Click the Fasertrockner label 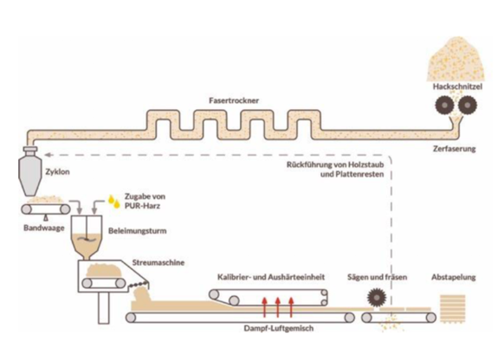pos(234,100)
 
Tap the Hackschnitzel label pos(457,87)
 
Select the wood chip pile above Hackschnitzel pos(456,60)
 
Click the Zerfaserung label pos(454,149)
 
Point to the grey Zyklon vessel pos(30,170)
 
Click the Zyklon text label pos(57,171)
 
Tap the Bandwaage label pos(44,228)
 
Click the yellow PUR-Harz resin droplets pos(114,202)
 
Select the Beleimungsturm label pos(137,231)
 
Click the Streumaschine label pos(158,262)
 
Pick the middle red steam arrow pos(278,307)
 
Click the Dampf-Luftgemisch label pos(279,328)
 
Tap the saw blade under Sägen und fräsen pos(377,298)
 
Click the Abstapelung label pos(453,277)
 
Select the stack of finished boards pos(452,309)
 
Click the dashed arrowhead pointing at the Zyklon pos(48,155)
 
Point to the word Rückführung pos(306,164)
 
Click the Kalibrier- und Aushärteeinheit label pos(271,277)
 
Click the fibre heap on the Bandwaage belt pos(45,200)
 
